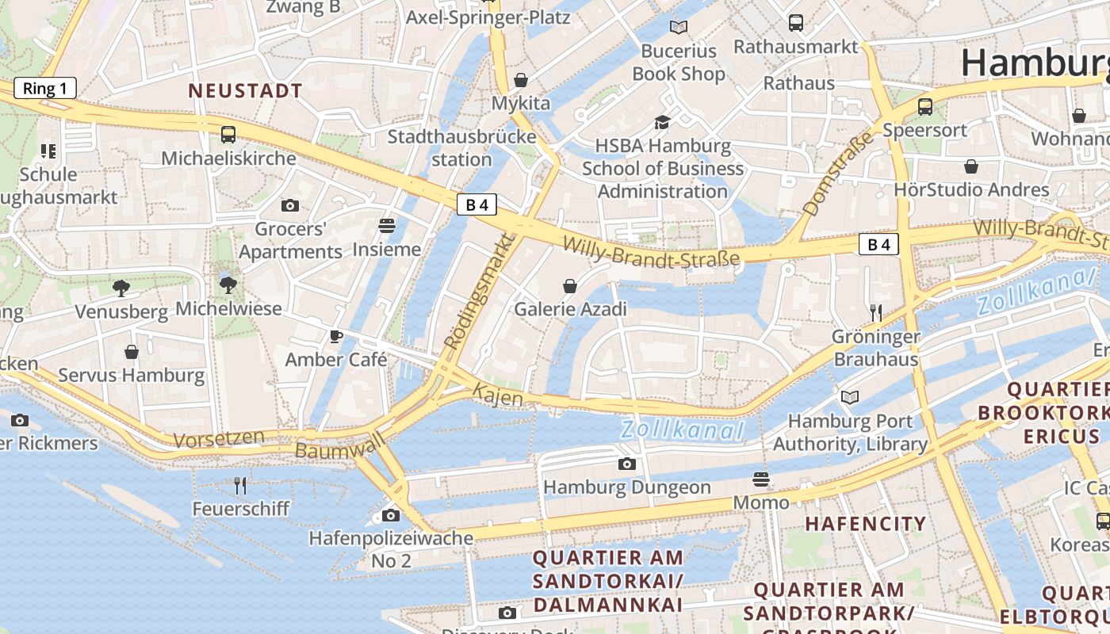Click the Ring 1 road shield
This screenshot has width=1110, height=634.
[45, 88]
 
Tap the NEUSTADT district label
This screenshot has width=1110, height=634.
[245, 90]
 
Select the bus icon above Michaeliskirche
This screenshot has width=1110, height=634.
[228, 134]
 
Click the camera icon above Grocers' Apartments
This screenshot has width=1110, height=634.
[290, 205]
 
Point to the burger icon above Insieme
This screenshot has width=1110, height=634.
[387, 226]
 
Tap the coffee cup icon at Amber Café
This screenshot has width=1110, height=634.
[336, 336]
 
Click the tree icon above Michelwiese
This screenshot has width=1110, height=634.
[228, 285]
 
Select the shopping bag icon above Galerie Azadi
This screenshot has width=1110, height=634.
[569, 285]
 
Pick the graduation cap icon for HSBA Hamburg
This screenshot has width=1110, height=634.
[662, 122]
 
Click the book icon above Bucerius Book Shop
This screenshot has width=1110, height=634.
[679, 28]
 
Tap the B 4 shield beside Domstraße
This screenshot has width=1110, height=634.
[879, 244]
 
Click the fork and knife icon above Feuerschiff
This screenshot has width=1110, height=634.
[240, 485]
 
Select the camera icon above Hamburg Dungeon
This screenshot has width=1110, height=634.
[627, 464]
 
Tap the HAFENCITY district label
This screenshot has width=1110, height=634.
[866, 523]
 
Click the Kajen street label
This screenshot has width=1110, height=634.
[498, 394]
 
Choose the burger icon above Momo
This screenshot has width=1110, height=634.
[761, 479]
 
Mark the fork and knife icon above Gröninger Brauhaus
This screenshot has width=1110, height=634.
[875, 312]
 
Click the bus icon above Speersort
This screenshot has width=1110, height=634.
[924, 106]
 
